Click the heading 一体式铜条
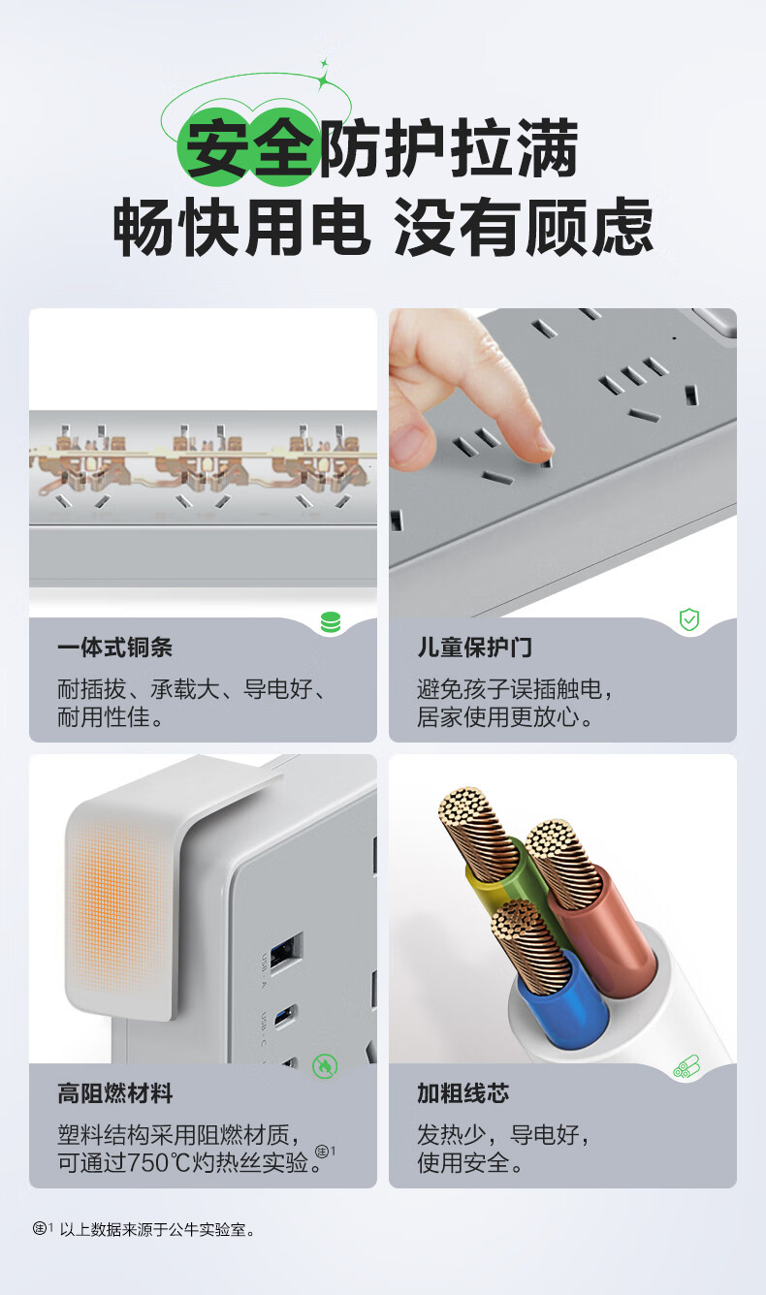(115, 647)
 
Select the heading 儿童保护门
(475, 647)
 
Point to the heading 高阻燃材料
(115, 1093)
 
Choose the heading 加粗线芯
(463, 1093)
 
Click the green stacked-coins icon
(331, 622)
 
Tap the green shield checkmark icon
(689, 619)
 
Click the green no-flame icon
(325, 1066)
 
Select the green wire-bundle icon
(686, 1067)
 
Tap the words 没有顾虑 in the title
(524, 226)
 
